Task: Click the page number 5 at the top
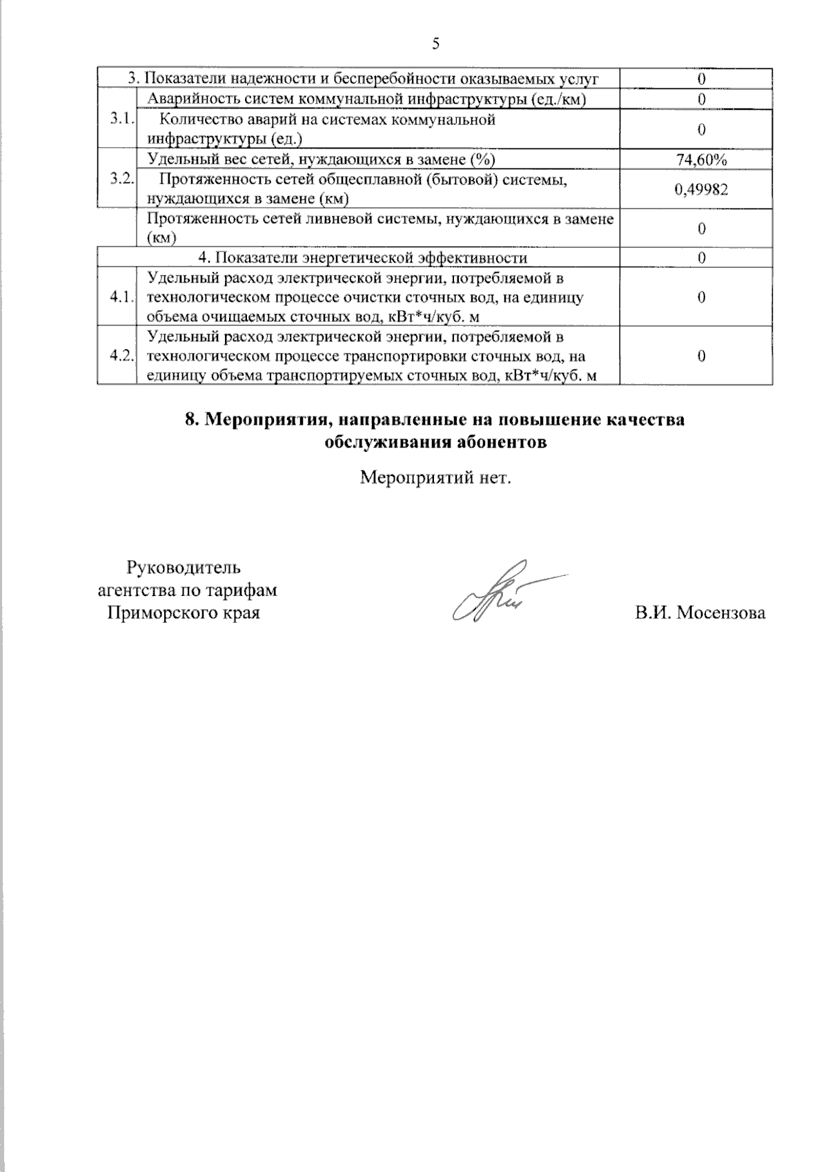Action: click(x=435, y=44)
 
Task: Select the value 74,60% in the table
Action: click(x=701, y=160)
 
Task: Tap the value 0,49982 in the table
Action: click(x=701, y=189)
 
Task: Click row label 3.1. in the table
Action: click(x=121, y=119)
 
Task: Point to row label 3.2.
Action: click(x=121, y=178)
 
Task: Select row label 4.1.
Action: click(x=121, y=298)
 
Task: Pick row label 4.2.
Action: click(x=121, y=356)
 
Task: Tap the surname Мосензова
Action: click(x=721, y=613)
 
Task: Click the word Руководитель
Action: click(x=184, y=568)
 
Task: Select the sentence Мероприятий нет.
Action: click(x=436, y=477)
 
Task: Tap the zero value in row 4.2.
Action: click(x=701, y=356)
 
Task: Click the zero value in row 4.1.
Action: click(x=701, y=298)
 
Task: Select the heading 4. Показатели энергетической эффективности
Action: click(x=363, y=258)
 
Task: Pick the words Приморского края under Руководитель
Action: click(x=184, y=613)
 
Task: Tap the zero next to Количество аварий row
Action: click(x=701, y=129)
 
